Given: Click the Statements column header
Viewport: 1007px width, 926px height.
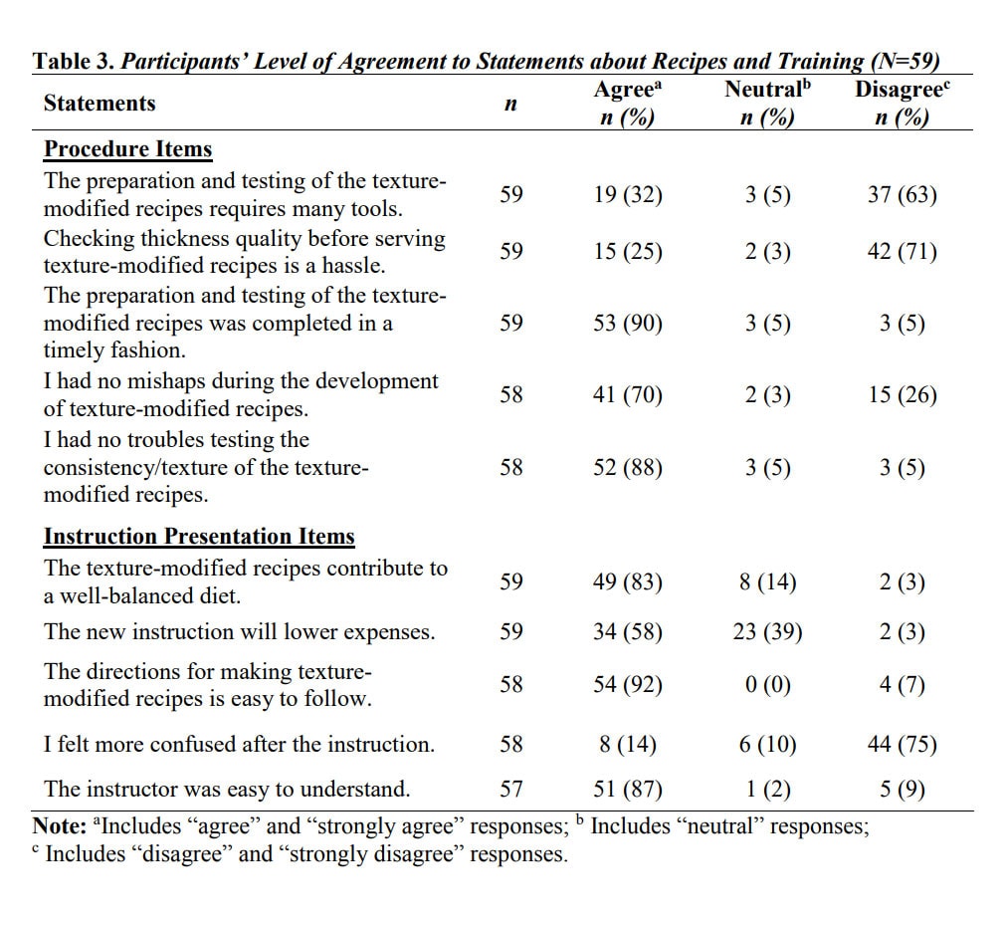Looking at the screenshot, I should [100, 104].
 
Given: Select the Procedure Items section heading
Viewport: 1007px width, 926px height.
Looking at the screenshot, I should [127, 149].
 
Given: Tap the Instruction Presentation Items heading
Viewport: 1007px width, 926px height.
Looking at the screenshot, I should [199, 537].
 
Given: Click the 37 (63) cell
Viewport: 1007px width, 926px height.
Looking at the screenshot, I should [902, 195].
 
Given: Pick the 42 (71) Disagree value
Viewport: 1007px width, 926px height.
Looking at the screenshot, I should [902, 252].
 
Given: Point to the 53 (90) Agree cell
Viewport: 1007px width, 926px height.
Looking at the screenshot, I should [628, 324].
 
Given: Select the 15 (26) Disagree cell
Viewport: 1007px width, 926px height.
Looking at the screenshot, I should [902, 395].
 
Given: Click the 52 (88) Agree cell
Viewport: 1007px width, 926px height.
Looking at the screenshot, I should [628, 467].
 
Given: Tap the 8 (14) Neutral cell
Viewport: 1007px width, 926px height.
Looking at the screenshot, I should [767, 582].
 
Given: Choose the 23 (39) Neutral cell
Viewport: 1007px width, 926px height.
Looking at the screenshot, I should [767, 632].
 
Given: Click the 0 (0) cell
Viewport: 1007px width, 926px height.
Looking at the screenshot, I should [767, 685].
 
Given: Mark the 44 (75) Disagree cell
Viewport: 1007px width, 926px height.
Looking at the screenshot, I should [902, 745].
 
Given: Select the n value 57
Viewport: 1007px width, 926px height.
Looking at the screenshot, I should [511, 790].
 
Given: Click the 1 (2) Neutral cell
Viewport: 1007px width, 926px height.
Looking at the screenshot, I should [767, 790].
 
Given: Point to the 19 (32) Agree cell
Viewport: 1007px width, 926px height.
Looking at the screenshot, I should [628, 195].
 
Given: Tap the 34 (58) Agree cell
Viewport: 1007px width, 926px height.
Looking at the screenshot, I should [628, 632].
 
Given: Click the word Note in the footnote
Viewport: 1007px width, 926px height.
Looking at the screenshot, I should [56, 826].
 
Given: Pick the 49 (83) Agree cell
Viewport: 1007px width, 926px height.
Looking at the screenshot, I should [628, 582].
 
